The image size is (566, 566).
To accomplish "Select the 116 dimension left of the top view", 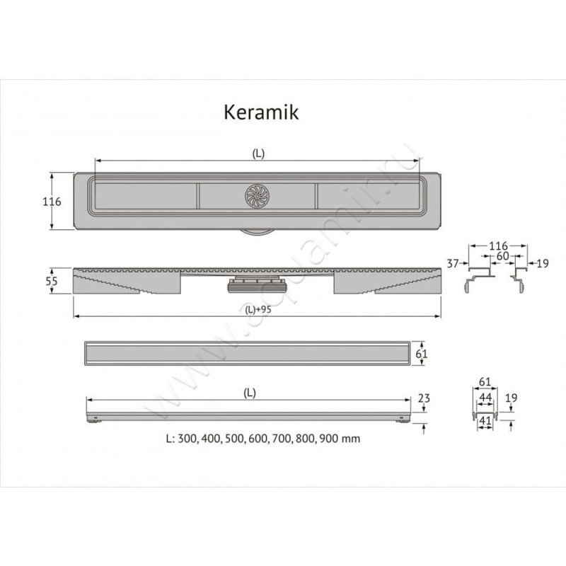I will [52, 202].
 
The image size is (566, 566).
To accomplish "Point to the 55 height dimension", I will [52, 281].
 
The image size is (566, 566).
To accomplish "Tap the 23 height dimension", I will [424, 398].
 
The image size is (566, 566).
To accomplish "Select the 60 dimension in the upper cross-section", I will [503, 255].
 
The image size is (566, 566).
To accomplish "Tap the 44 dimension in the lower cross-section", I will [485, 398].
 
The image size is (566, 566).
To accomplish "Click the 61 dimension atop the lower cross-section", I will [485, 382].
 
